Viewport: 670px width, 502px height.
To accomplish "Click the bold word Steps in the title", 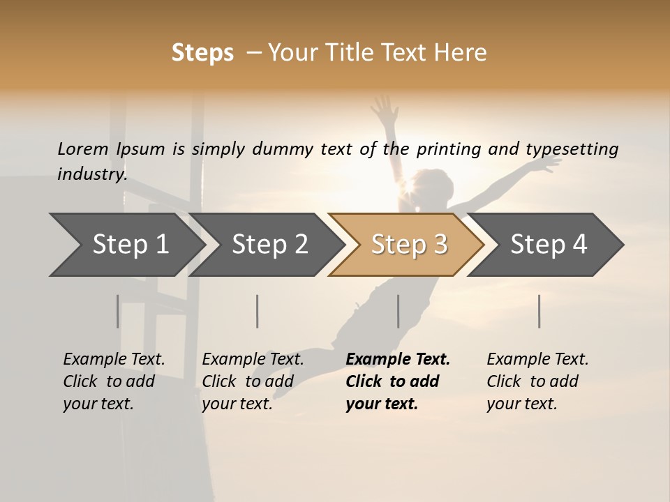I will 202,53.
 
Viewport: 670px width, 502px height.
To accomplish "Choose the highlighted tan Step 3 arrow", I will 409,245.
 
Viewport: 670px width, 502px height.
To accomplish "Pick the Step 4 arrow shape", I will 549,245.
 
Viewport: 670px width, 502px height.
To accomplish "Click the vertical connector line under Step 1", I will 118,311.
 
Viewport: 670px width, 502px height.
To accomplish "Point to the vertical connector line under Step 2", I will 258,311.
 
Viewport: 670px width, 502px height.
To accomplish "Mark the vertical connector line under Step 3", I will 399,311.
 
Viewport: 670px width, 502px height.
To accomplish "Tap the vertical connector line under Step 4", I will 539,311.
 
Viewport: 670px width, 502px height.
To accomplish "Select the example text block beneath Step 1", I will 114,381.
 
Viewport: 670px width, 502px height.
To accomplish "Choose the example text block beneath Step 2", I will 253,381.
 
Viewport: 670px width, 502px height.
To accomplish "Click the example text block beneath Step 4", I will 537,381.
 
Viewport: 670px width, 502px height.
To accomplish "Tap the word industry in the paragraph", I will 91,174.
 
